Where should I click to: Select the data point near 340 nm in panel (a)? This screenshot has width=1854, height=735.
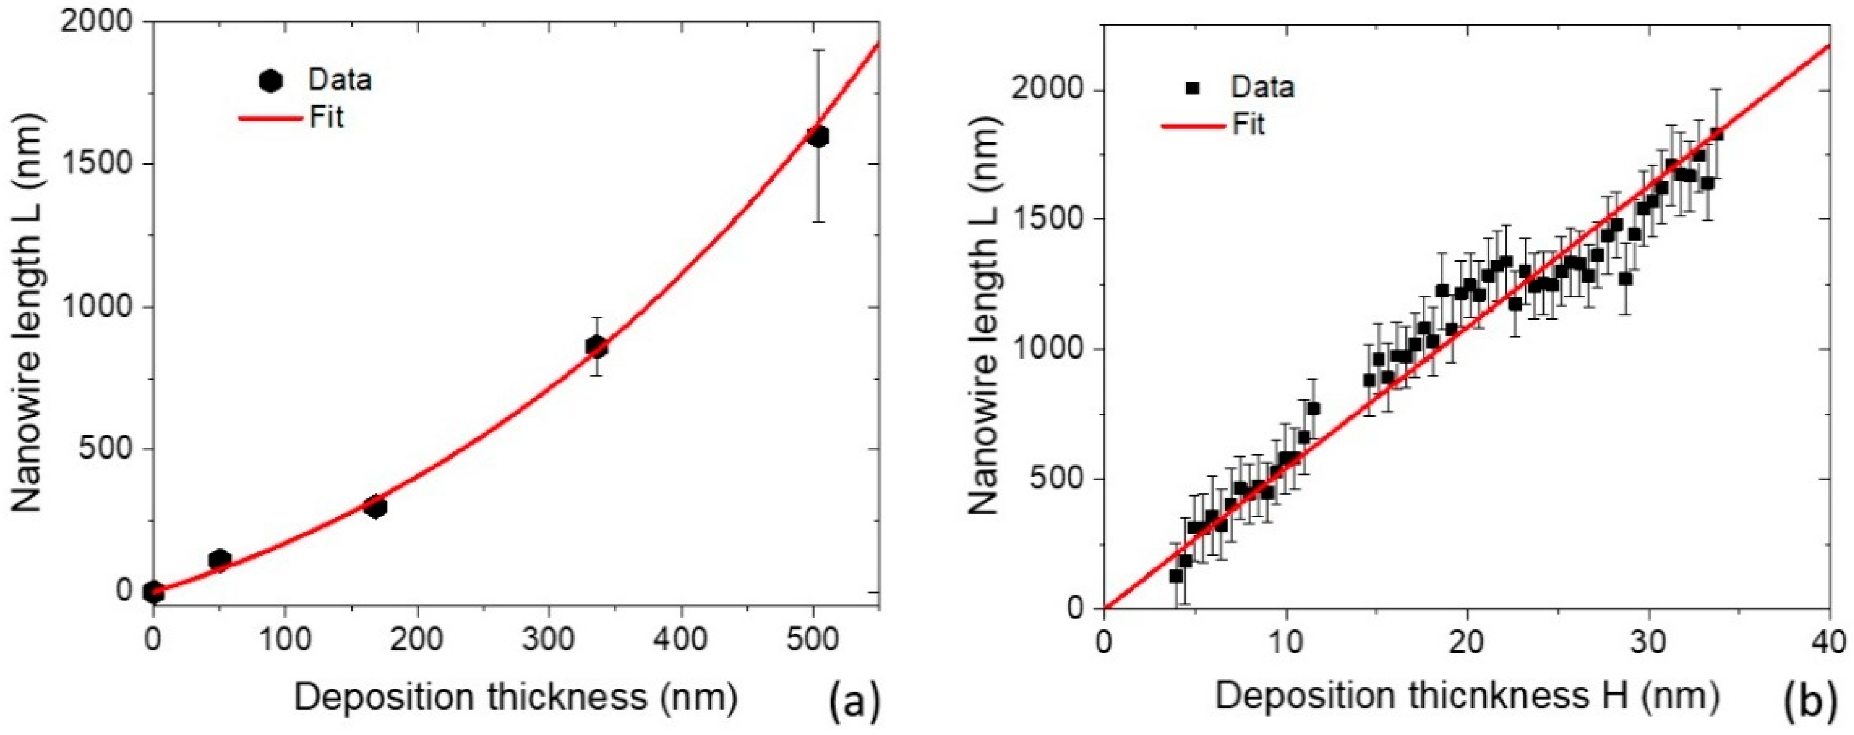point(596,347)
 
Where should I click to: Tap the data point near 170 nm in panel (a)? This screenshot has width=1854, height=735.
point(375,507)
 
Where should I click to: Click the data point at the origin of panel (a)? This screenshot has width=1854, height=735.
point(153,592)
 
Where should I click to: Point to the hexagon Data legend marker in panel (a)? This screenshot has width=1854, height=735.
point(270,81)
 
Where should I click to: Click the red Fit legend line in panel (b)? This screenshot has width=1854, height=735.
point(1192,126)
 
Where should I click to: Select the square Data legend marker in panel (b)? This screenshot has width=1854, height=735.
point(1193,88)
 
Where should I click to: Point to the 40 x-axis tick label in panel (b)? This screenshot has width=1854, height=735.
point(1829,641)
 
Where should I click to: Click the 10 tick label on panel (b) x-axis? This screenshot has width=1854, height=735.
point(1284,641)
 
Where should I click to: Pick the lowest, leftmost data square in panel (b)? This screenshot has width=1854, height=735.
point(1176,576)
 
